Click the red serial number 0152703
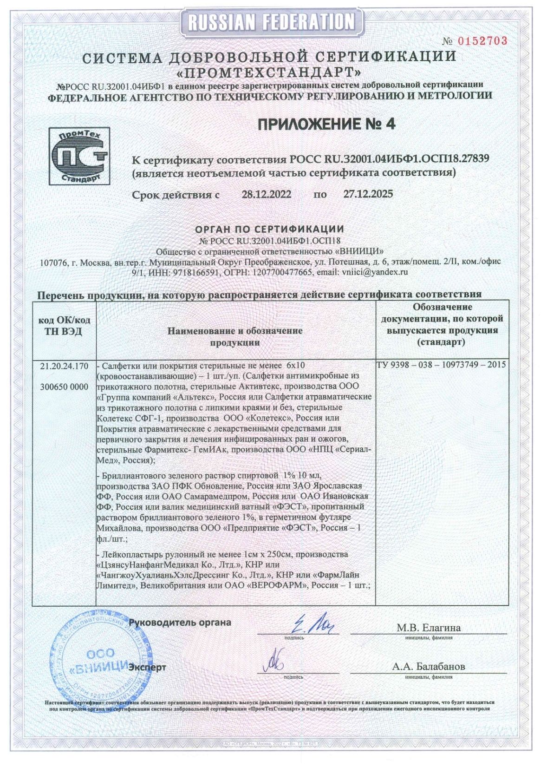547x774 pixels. tap(482, 41)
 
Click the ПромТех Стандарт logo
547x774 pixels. tap(79, 156)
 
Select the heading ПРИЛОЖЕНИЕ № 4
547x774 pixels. tap(326, 124)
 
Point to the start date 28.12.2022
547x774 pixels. tap(266, 194)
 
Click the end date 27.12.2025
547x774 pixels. tap(368, 194)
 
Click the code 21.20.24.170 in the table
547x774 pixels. tap(64, 366)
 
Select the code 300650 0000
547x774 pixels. tap(64, 387)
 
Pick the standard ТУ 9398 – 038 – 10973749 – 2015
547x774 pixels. tap(441, 365)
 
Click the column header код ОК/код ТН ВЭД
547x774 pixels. tap(64, 325)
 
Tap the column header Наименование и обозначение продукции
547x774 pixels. tap(235, 336)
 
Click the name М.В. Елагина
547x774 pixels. tap(428, 628)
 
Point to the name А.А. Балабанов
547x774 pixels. tap(428, 666)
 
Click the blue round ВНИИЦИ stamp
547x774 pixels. tap(98, 659)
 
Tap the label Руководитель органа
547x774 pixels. tap(180, 623)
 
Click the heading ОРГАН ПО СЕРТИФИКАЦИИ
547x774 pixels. tap(269, 229)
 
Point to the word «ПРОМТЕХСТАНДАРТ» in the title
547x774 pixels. tap(269, 72)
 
